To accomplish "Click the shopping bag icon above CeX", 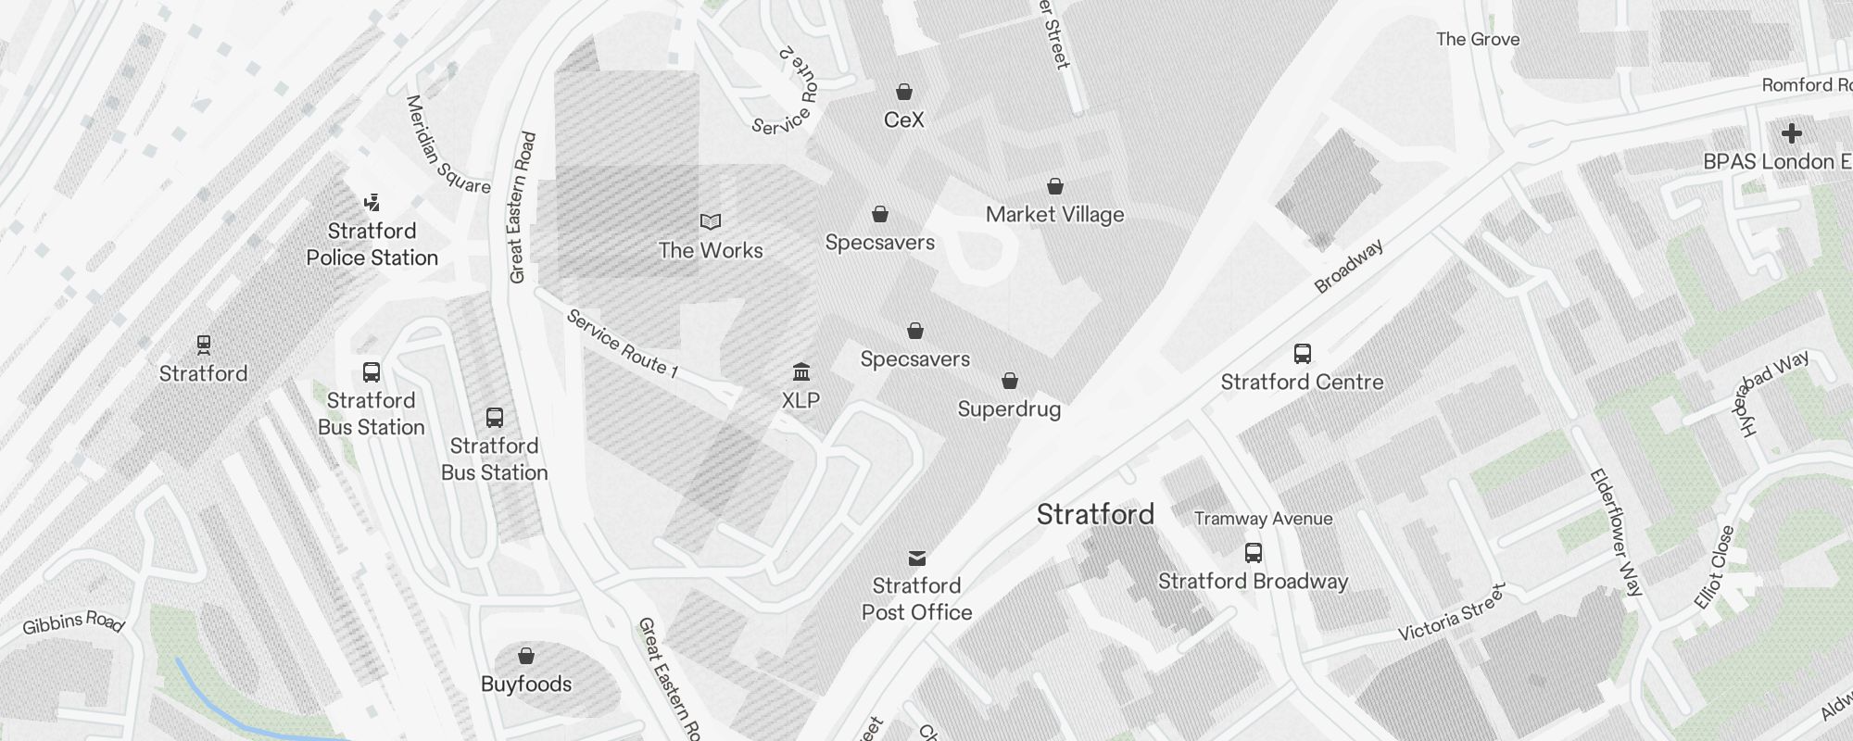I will (x=904, y=92).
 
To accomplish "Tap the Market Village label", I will (x=1054, y=215).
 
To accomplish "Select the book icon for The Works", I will (x=711, y=222).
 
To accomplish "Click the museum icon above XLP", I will (x=801, y=372).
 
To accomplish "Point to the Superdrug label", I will (x=1009, y=409).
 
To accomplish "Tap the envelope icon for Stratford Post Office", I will (x=917, y=558).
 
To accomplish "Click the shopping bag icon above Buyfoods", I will (x=526, y=656).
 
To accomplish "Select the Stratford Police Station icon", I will (x=372, y=202).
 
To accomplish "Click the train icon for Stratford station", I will (x=204, y=345).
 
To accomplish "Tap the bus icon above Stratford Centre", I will (x=1302, y=354).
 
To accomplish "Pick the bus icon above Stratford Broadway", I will (x=1254, y=553).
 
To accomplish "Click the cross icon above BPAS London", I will (x=1792, y=133).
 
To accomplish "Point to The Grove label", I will (x=1478, y=39).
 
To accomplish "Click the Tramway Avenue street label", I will (x=1264, y=519).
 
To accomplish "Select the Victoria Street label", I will (x=1452, y=612).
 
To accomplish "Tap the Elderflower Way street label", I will (x=1616, y=532).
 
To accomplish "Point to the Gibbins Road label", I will (x=73, y=622).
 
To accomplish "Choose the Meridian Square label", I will (x=447, y=145).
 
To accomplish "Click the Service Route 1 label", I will (x=622, y=345).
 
